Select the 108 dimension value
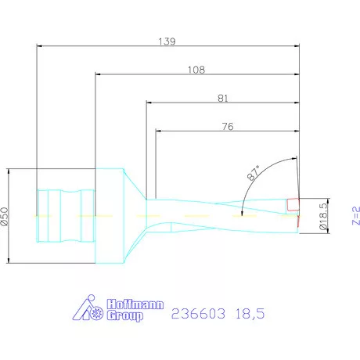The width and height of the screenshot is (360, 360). coord(196,70)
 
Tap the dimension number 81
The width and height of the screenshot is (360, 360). coord(223,99)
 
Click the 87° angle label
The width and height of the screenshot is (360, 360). coord(254,175)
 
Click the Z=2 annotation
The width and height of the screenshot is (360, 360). coord(355,215)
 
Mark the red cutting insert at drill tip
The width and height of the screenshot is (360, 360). coord(293,205)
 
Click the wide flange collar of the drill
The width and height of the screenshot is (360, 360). coord(110,215)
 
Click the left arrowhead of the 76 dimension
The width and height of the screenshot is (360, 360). coord(158,130)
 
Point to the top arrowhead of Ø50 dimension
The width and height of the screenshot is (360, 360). coord(8,171)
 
